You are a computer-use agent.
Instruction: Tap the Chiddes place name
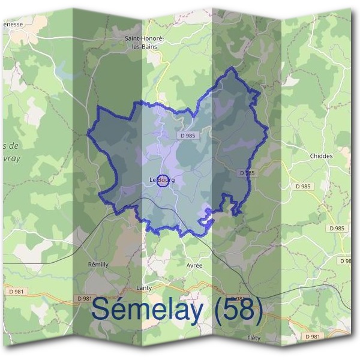(x=321, y=156)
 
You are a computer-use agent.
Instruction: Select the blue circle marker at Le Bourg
(x=162, y=180)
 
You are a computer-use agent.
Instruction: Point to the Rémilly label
(x=98, y=265)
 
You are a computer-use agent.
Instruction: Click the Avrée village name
(x=194, y=265)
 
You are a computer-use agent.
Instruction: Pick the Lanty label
(x=144, y=288)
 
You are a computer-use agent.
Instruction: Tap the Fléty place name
(x=254, y=338)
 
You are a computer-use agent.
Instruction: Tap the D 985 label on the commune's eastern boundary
(x=247, y=173)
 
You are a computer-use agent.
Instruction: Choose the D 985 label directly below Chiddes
(x=304, y=187)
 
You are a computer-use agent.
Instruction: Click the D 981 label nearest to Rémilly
(x=85, y=298)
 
